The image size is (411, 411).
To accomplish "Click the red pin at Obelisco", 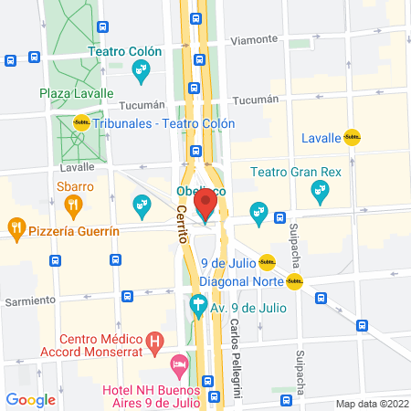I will (206, 200).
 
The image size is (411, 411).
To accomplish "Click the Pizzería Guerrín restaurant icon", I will (16, 227).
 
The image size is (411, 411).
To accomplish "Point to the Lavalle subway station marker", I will (352, 139).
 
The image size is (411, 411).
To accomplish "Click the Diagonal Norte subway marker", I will (294, 281).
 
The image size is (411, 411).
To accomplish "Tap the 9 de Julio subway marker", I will (267, 262).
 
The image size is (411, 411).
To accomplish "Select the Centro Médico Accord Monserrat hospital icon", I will (155, 343).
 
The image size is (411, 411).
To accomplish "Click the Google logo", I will (30, 399).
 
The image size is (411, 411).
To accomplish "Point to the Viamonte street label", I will (253, 40).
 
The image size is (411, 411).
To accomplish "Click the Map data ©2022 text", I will (370, 404).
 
